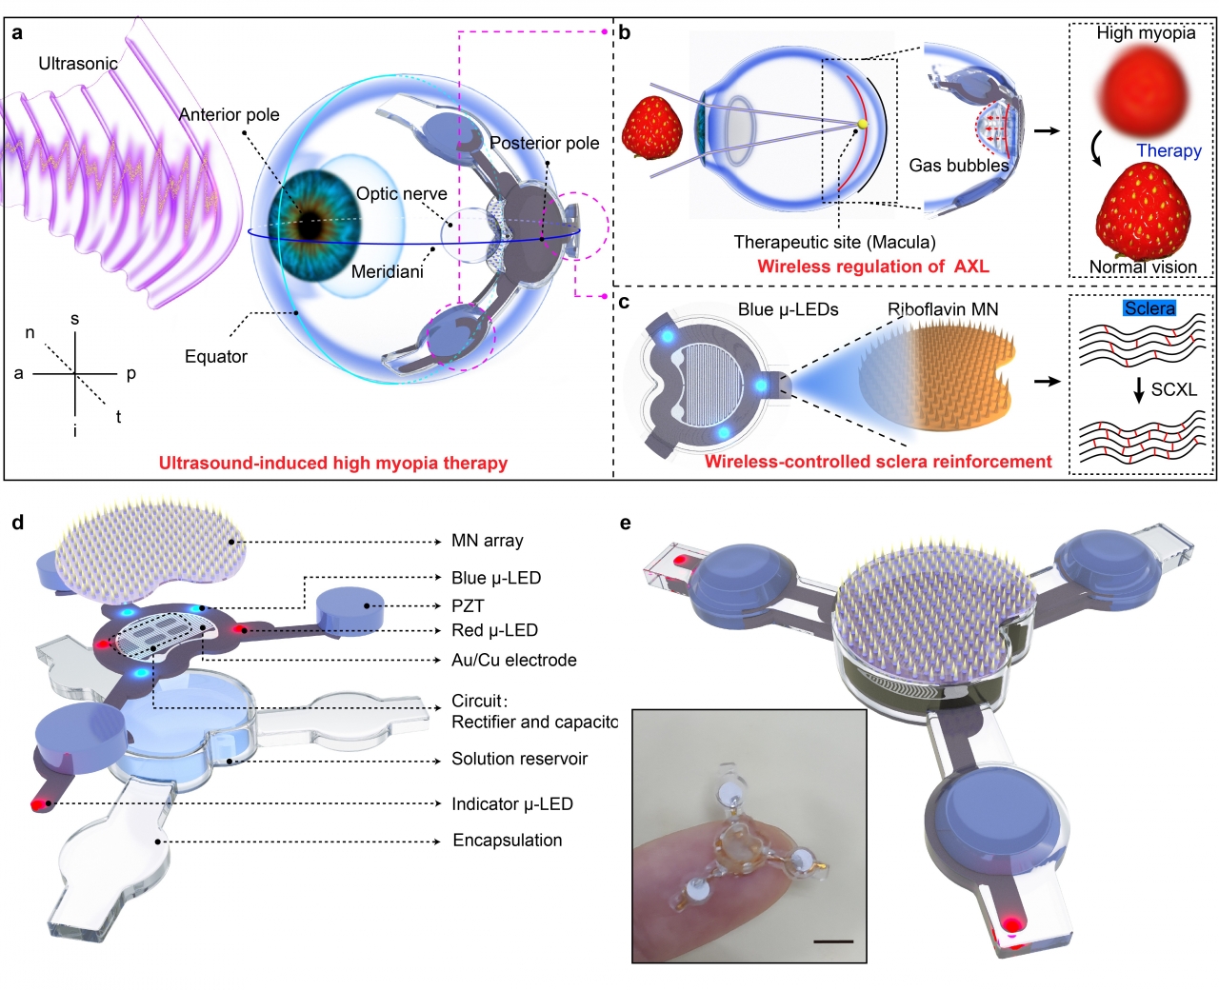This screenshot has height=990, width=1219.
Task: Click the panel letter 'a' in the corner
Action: (x=17, y=33)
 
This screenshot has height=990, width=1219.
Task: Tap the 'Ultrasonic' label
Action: (x=78, y=64)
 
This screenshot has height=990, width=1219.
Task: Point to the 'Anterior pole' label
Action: (x=229, y=114)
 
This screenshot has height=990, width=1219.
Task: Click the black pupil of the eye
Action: (x=310, y=228)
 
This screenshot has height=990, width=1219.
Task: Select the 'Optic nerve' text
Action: (x=401, y=193)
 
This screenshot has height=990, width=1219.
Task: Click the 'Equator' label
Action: (x=215, y=356)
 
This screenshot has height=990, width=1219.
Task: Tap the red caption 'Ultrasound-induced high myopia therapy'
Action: (x=332, y=464)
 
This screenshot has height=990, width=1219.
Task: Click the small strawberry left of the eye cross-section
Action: (x=651, y=128)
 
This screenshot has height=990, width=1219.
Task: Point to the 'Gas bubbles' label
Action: (x=958, y=166)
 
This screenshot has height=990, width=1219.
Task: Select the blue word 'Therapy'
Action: (x=1169, y=150)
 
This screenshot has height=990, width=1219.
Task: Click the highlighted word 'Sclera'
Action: (x=1149, y=308)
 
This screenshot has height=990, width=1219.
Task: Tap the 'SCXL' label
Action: (x=1173, y=389)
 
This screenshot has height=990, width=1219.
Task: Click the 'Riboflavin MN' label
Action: (x=943, y=309)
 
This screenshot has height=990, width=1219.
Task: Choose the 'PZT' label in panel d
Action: (x=468, y=605)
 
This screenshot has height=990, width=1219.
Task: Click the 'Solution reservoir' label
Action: (x=519, y=759)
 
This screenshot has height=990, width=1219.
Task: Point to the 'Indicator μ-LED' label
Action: (x=511, y=804)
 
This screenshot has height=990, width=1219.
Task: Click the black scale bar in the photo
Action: (x=834, y=941)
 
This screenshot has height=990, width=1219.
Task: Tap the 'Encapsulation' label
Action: (x=507, y=841)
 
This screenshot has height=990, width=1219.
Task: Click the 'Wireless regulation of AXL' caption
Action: (x=872, y=267)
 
